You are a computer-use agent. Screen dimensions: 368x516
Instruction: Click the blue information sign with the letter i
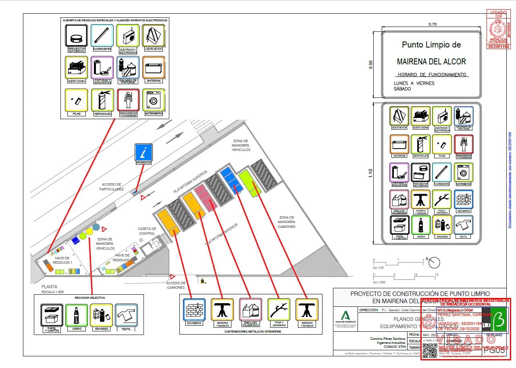tap(144, 152)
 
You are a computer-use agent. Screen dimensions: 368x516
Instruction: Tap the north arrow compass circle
tap(434, 263)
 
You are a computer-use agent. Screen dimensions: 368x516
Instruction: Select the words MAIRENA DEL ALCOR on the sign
tap(431, 62)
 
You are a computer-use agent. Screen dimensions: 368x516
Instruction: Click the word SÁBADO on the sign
tap(402, 89)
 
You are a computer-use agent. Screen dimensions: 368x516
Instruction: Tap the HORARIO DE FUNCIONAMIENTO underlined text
tap(432, 75)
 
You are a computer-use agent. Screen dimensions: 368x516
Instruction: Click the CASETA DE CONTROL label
tap(147, 231)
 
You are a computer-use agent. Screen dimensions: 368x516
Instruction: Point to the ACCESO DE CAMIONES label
tap(176, 285)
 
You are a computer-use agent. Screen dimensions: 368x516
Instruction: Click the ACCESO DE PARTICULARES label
tap(112, 187)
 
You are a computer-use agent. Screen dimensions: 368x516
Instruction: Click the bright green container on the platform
tap(250, 183)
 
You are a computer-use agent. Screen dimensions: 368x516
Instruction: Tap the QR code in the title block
tap(430, 350)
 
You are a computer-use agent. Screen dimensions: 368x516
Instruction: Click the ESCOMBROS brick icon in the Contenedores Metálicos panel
tap(194, 310)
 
